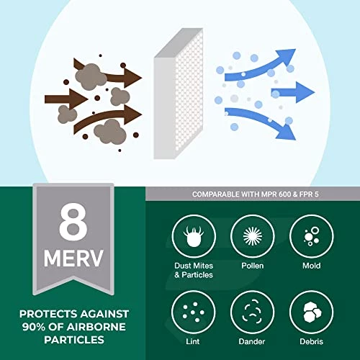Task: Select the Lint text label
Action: click(193, 341)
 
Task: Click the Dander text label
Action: click(252, 341)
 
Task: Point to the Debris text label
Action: click(310, 341)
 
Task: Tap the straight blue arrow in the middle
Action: click(292, 91)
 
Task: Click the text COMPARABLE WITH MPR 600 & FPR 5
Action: click(253, 194)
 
